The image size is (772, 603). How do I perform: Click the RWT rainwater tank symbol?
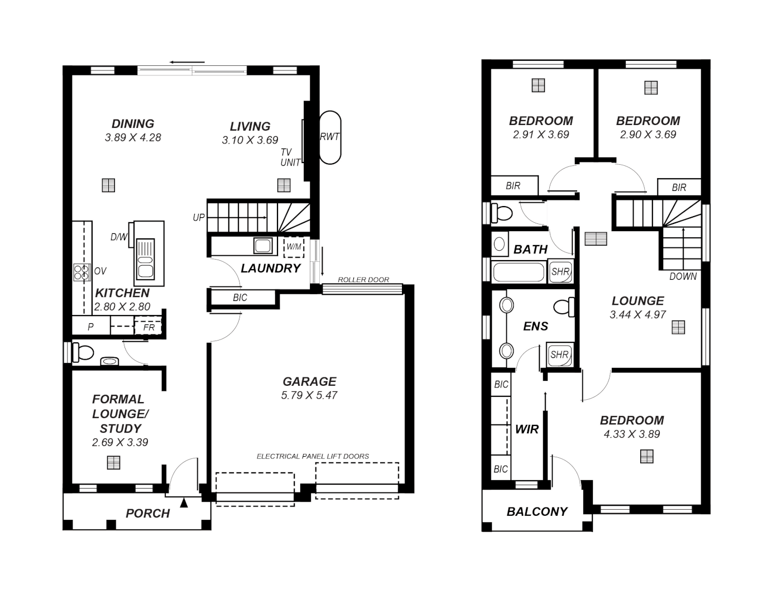[x=329, y=137]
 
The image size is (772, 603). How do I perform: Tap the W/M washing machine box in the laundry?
[x=294, y=246]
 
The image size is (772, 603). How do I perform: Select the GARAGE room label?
[x=309, y=381]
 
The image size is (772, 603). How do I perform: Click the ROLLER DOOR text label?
[x=363, y=280]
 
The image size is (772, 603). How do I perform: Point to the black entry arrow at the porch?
[x=184, y=503]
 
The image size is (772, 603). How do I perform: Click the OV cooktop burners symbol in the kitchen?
[x=82, y=271]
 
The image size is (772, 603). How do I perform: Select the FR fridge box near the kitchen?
[x=148, y=327]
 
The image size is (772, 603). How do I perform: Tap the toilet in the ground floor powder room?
[x=83, y=352]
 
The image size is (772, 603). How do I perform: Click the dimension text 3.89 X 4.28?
[x=133, y=137]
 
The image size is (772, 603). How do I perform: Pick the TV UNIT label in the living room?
[x=290, y=157]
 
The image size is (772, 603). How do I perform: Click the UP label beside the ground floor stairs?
[x=199, y=218]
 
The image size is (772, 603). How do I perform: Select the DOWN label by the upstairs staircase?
[x=683, y=276]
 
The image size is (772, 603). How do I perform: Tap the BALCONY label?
[x=537, y=511]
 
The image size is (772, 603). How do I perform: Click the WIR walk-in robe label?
[x=527, y=429]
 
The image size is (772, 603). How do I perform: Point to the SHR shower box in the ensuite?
[x=559, y=355]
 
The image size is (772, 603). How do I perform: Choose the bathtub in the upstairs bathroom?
[x=519, y=272]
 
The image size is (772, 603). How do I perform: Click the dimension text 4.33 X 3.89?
[x=632, y=434]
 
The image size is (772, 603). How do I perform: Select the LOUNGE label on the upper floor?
[x=637, y=301]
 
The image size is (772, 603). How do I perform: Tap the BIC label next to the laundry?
[x=240, y=298]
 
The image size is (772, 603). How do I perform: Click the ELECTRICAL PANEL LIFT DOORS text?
[x=313, y=456]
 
